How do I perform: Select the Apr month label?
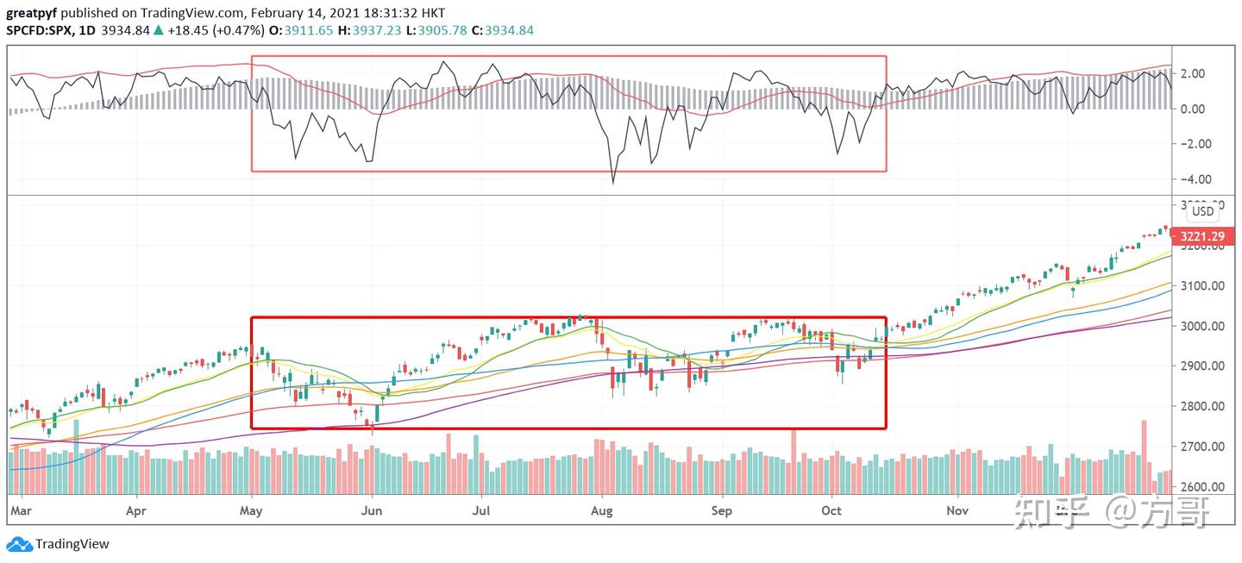[136, 510]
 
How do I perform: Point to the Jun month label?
[372, 510]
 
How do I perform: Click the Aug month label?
[601, 510]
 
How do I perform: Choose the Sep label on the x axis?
[721, 510]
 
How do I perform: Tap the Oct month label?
[831, 510]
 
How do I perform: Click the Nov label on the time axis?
[957, 510]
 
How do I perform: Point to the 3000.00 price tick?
[1202, 326]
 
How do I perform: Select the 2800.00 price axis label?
[1202, 406]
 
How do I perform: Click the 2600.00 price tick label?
[1202, 487]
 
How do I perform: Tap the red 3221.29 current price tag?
[1202, 235]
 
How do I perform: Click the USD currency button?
[1202, 211]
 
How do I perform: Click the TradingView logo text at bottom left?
[72, 544]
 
